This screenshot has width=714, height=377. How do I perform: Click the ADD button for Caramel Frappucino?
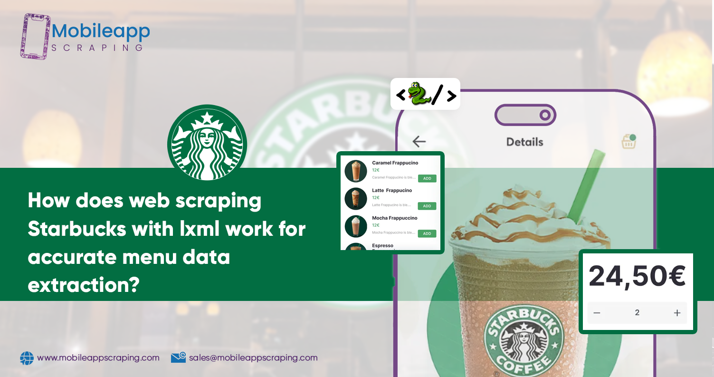[x=427, y=179]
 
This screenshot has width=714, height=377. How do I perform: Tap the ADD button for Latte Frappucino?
[x=427, y=206]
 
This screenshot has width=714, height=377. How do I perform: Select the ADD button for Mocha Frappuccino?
[x=427, y=233]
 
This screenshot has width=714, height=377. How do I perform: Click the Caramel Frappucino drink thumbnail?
[x=356, y=171]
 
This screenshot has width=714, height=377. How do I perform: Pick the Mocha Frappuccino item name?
[x=394, y=218]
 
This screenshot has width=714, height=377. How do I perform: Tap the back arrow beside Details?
[x=419, y=141]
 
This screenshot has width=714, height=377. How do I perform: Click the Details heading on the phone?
[x=524, y=142]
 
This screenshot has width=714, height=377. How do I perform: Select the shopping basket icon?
[x=628, y=141]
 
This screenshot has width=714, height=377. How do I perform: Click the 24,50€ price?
[x=637, y=276]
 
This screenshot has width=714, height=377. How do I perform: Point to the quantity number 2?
[x=637, y=313]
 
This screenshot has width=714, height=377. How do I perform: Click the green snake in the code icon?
[x=417, y=93]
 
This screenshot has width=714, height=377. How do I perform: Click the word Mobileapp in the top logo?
[x=101, y=32]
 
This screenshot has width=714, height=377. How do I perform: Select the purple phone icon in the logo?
[x=35, y=36]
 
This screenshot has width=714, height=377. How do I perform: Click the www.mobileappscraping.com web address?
[x=98, y=358]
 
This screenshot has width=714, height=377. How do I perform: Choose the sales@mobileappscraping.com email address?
[x=253, y=358]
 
